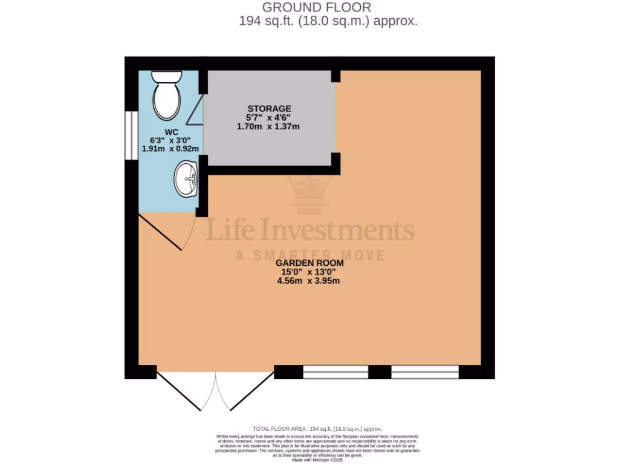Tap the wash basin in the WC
(186, 179)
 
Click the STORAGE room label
(268, 109)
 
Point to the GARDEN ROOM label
(309, 263)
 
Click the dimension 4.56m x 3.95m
(309, 281)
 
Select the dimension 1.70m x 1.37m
(268, 127)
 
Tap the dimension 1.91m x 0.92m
(170, 148)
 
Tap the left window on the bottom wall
(335, 372)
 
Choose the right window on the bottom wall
(425, 372)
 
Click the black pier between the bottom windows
(380, 372)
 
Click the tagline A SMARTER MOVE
(309, 256)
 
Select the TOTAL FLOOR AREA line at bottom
(309, 428)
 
